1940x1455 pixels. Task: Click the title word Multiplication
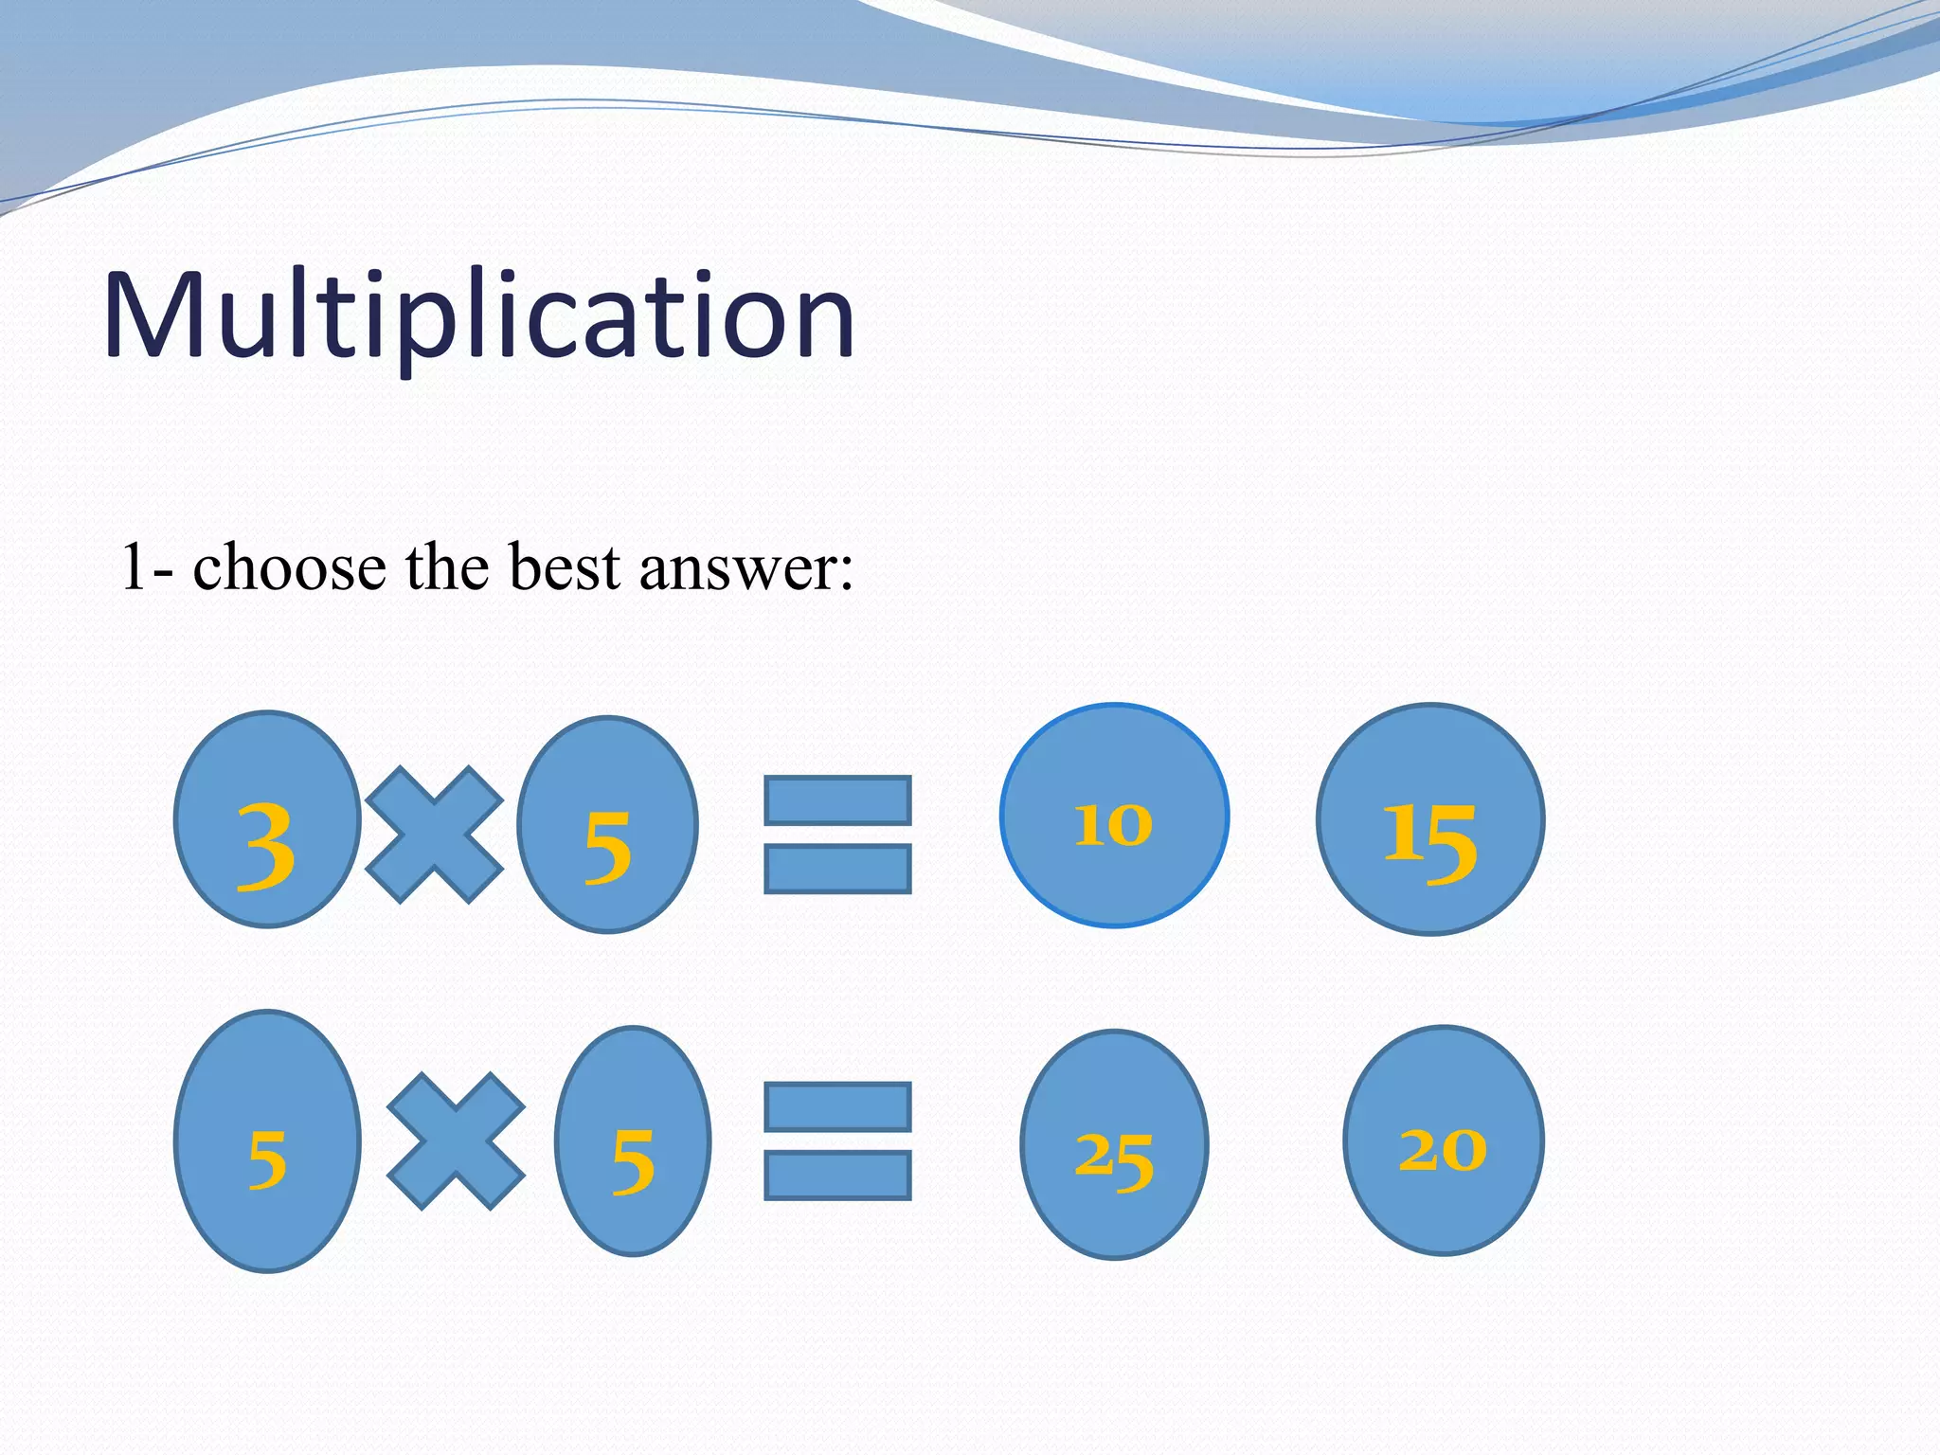coord(478,315)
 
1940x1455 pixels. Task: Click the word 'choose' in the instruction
coord(289,568)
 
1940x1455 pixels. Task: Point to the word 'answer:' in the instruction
coord(746,568)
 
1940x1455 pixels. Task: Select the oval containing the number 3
coord(267,819)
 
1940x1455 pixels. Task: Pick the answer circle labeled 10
coord(1114,816)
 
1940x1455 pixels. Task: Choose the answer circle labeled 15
coord(1430,819)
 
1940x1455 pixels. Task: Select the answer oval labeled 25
coord(1114,1144)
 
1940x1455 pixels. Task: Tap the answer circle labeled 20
coord(1443,1141)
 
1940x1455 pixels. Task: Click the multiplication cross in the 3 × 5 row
coord(434,834)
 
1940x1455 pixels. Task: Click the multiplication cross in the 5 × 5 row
coord(456,1141)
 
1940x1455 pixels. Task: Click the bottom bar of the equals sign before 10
coord(837,869)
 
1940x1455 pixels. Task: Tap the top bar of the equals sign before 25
coord(837,1106)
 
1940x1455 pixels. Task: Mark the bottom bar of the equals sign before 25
coord(837,1175)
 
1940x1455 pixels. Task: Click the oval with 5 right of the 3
coord(607,824)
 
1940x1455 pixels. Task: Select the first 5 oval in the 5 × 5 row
coord(267,1141)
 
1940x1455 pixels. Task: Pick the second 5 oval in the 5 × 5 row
coord(633,1141)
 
